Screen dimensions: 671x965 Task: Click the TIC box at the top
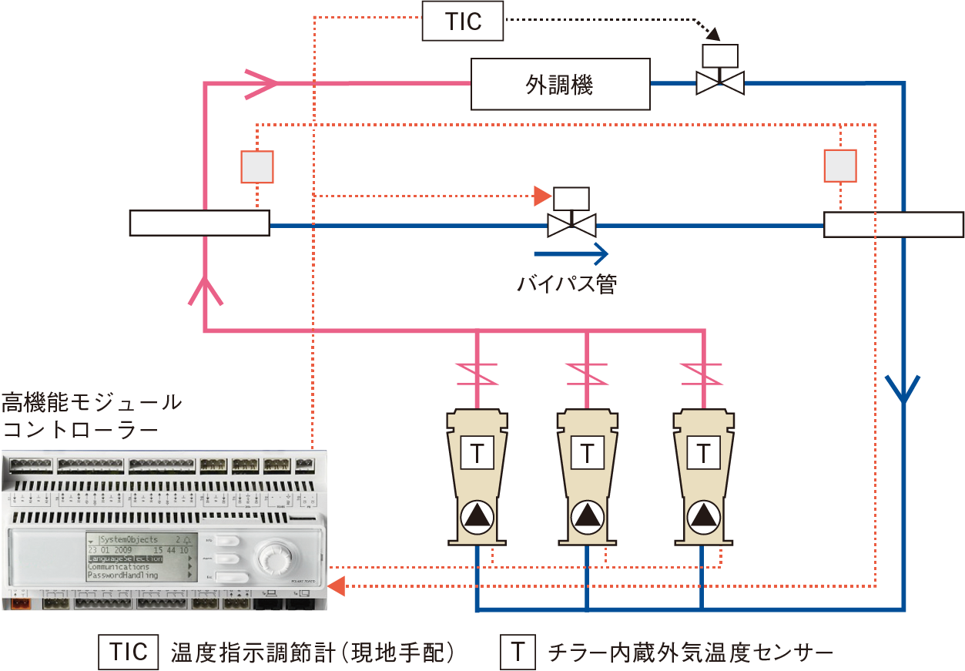[463, 21]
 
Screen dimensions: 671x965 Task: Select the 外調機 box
[560, 84]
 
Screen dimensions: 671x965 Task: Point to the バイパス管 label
[567, 283]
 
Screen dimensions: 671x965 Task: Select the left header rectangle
[199, 223]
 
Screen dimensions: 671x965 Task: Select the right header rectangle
[893, 224]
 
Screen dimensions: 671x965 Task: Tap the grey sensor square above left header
[257, 166]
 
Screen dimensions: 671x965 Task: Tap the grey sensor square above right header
[840, 165]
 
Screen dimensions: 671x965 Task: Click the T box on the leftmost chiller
[477, 453]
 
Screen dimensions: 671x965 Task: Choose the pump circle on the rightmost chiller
[703, 516]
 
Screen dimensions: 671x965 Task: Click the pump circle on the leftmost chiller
[477, 516]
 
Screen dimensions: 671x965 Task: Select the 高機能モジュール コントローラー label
[92, 415]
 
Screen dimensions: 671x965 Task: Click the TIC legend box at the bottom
[129, 653]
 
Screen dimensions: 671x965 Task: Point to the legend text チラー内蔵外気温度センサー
[690, 653]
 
